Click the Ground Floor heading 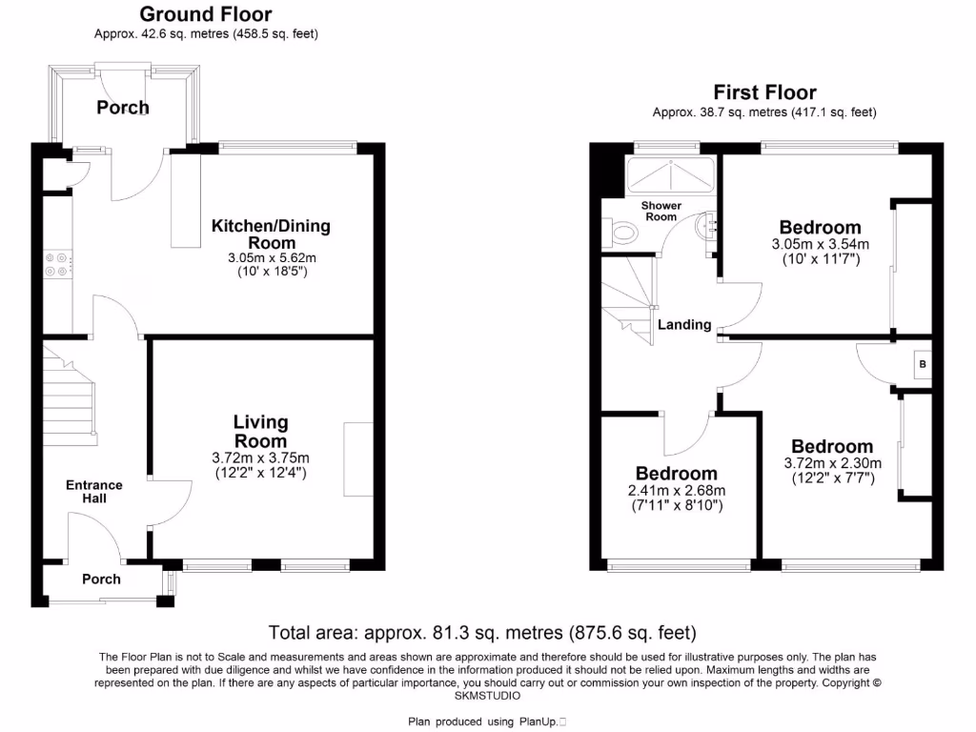pos(205,14)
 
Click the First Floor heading pos(764,92)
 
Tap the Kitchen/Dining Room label pos(271,234)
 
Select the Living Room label pos(260,431)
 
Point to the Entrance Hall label pos(93,491)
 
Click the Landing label pos(685,324)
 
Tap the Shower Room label pos(661,211)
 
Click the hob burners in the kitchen pos(56,263)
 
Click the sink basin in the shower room pos(706,226)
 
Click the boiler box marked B pos(921,363)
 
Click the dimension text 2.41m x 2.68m pos(677,491)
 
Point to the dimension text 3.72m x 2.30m pos(831,464)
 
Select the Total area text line pos(482,632)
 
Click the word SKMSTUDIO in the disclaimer pos(488,697)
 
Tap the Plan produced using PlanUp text pos(488,722)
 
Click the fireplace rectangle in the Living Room pos(358,458)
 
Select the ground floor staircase pos(70,396)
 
